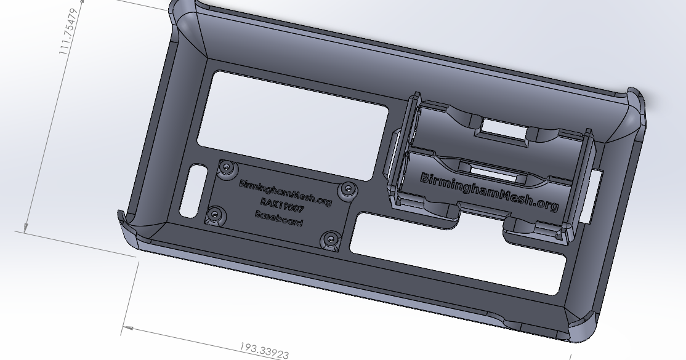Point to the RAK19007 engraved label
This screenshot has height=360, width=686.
tap(283, 206)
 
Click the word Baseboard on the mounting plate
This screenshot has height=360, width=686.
tap(278, 218)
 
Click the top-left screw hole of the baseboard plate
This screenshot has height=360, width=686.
tap(229, 167)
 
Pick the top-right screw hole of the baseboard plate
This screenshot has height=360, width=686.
tap(347, 190)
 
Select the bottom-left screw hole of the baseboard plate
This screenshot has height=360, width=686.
tap(214, 215)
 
